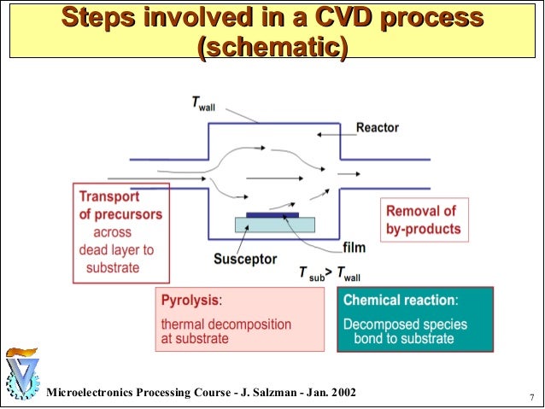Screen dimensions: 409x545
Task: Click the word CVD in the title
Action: click(x=362, y=17)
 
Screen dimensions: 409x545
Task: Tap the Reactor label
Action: click(x=377, y=128)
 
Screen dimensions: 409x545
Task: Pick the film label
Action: click(x=354, y=248)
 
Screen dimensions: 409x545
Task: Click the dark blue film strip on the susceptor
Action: click(x=272, y=215)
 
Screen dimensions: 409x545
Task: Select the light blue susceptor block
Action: click(x=274, y=225)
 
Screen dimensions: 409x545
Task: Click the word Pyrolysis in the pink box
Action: click(x=191, y=301)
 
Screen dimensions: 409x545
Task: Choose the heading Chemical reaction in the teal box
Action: click(x=399, y=301)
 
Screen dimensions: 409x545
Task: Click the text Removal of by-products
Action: click(x=423, y=219)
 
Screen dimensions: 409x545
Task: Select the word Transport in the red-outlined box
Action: click(x=109, y=196)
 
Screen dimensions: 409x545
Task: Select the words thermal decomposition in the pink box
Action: click(x=226, y=324)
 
